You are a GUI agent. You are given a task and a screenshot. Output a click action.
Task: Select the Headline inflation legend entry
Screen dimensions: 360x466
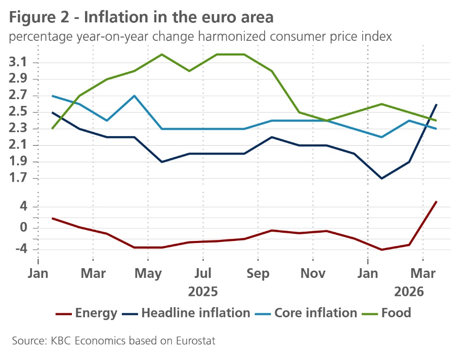click(196, 313)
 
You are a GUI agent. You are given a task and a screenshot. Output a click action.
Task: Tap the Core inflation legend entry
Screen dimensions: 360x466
click(316, 313)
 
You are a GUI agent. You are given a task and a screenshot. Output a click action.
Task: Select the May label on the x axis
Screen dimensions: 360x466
click(149, 274)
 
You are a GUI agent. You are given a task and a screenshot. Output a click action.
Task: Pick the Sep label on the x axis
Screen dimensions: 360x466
click(258, 274)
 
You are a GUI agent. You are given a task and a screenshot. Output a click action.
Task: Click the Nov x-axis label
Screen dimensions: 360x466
click(313, 274)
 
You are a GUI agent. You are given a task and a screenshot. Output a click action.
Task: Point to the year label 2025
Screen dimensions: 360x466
click(203, 292)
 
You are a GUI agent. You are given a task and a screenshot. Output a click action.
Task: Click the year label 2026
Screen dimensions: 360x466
click(409, 292)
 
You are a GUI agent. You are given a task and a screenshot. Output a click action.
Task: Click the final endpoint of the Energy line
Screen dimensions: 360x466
click(437, 201)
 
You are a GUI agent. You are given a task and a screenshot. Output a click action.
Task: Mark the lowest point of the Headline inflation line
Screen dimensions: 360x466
click(382, 178)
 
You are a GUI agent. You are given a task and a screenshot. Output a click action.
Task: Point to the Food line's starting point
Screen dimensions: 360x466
click(52, 129)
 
